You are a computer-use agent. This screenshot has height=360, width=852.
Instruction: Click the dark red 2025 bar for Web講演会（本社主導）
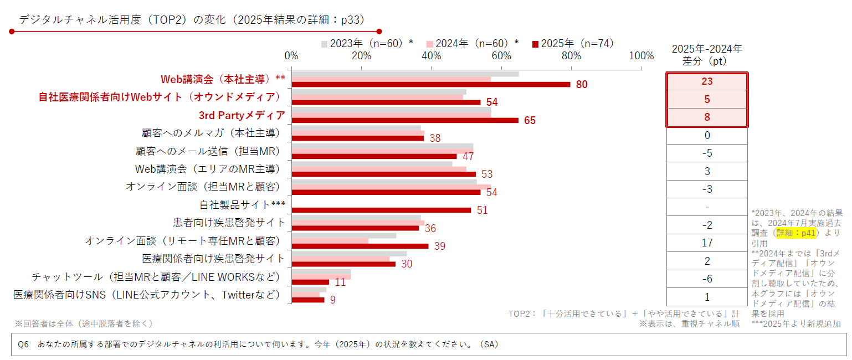(430, 85)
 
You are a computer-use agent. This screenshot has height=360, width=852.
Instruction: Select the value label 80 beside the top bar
(581, 85)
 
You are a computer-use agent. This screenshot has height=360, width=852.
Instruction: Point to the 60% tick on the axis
(501, 56)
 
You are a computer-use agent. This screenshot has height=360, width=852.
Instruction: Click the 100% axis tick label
(641, 56)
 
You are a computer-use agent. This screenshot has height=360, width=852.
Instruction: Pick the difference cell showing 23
(707, 81)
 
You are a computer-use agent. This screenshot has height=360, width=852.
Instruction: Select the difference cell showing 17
(707, 243)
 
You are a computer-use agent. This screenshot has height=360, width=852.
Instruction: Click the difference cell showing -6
(707, 279)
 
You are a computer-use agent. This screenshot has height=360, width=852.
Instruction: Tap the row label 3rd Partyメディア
(242, 115)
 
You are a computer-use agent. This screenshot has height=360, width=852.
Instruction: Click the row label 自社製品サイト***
(242, 205)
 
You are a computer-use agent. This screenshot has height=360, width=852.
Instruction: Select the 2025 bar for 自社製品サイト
(381, 210)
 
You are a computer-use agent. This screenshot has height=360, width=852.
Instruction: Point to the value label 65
(530, 121)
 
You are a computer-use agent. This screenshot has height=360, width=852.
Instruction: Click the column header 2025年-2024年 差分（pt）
(707, 55)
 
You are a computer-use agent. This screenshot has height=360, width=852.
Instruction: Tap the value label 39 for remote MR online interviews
(440, 246)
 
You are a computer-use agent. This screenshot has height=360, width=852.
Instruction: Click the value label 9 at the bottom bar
(332, 300)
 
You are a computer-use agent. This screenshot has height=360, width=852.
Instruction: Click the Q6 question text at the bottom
(258, 344)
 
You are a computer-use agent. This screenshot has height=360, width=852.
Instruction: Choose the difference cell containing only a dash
(707, 207)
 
